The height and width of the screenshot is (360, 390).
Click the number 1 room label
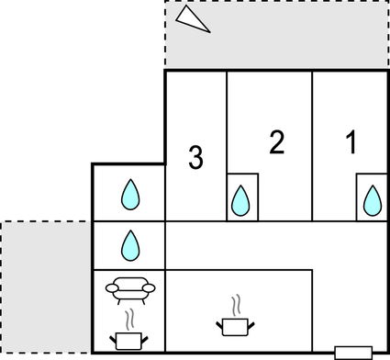point(350,142)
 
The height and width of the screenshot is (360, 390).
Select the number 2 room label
point(276,142)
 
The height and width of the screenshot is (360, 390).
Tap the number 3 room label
point(195,157)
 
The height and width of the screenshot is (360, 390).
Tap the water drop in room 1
point(372,199)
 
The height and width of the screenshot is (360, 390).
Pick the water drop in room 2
point(241,199)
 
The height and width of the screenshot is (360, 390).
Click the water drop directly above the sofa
point(130,244)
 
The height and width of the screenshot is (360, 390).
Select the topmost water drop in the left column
point(130,194)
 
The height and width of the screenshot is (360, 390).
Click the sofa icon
point(128,289)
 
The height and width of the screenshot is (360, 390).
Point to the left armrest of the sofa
point(112,288)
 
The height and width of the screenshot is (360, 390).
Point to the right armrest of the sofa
point(146,288)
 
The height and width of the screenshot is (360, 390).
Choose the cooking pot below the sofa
point(128,341)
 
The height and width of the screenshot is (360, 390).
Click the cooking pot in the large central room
point(236,324)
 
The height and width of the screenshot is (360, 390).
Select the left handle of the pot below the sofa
point(113,337)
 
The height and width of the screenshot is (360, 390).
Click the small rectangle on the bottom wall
point(352,352)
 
